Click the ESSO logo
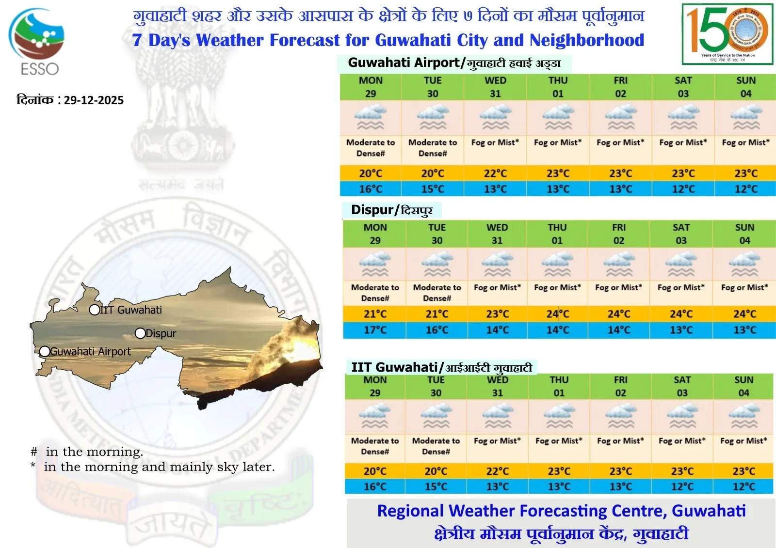37,42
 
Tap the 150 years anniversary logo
727,34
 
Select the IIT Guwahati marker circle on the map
95,310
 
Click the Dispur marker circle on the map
140,333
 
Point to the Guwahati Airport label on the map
90,352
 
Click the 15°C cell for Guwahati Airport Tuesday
433,189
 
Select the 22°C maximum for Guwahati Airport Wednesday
495,173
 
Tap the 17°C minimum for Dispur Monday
375,330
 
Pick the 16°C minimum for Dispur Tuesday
436,330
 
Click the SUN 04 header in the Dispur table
744,234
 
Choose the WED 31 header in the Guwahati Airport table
495,87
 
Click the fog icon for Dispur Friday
619,265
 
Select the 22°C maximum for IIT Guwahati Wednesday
498,471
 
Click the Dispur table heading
391,210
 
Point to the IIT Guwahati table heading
441,367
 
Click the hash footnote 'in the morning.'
87,452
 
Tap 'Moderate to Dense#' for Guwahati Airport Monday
371,148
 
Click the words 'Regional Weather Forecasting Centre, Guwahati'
561,511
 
